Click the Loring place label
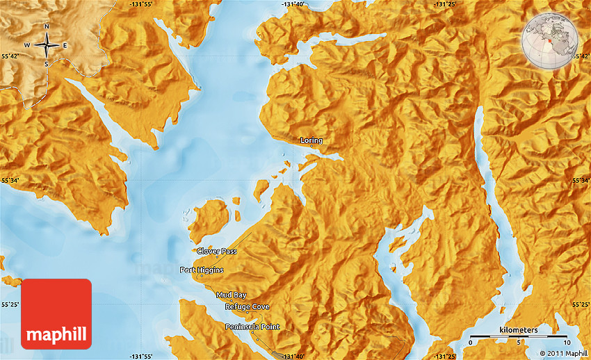point(311,140)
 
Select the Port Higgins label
point(202,270)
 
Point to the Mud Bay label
point(231,295)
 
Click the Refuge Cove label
point(247,306)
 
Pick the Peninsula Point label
point(252,327)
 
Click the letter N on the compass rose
point(47,27)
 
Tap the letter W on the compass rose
point(28,46)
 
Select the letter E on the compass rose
point(65,46)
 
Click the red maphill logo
point(56,313)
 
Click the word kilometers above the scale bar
point(518,329)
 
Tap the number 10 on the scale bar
point(566,343)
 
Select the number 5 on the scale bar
point(518,343)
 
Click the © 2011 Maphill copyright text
point(558,354)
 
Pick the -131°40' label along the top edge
point(293,4)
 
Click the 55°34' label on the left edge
point(10,181)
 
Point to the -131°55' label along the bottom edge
point(141,356)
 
